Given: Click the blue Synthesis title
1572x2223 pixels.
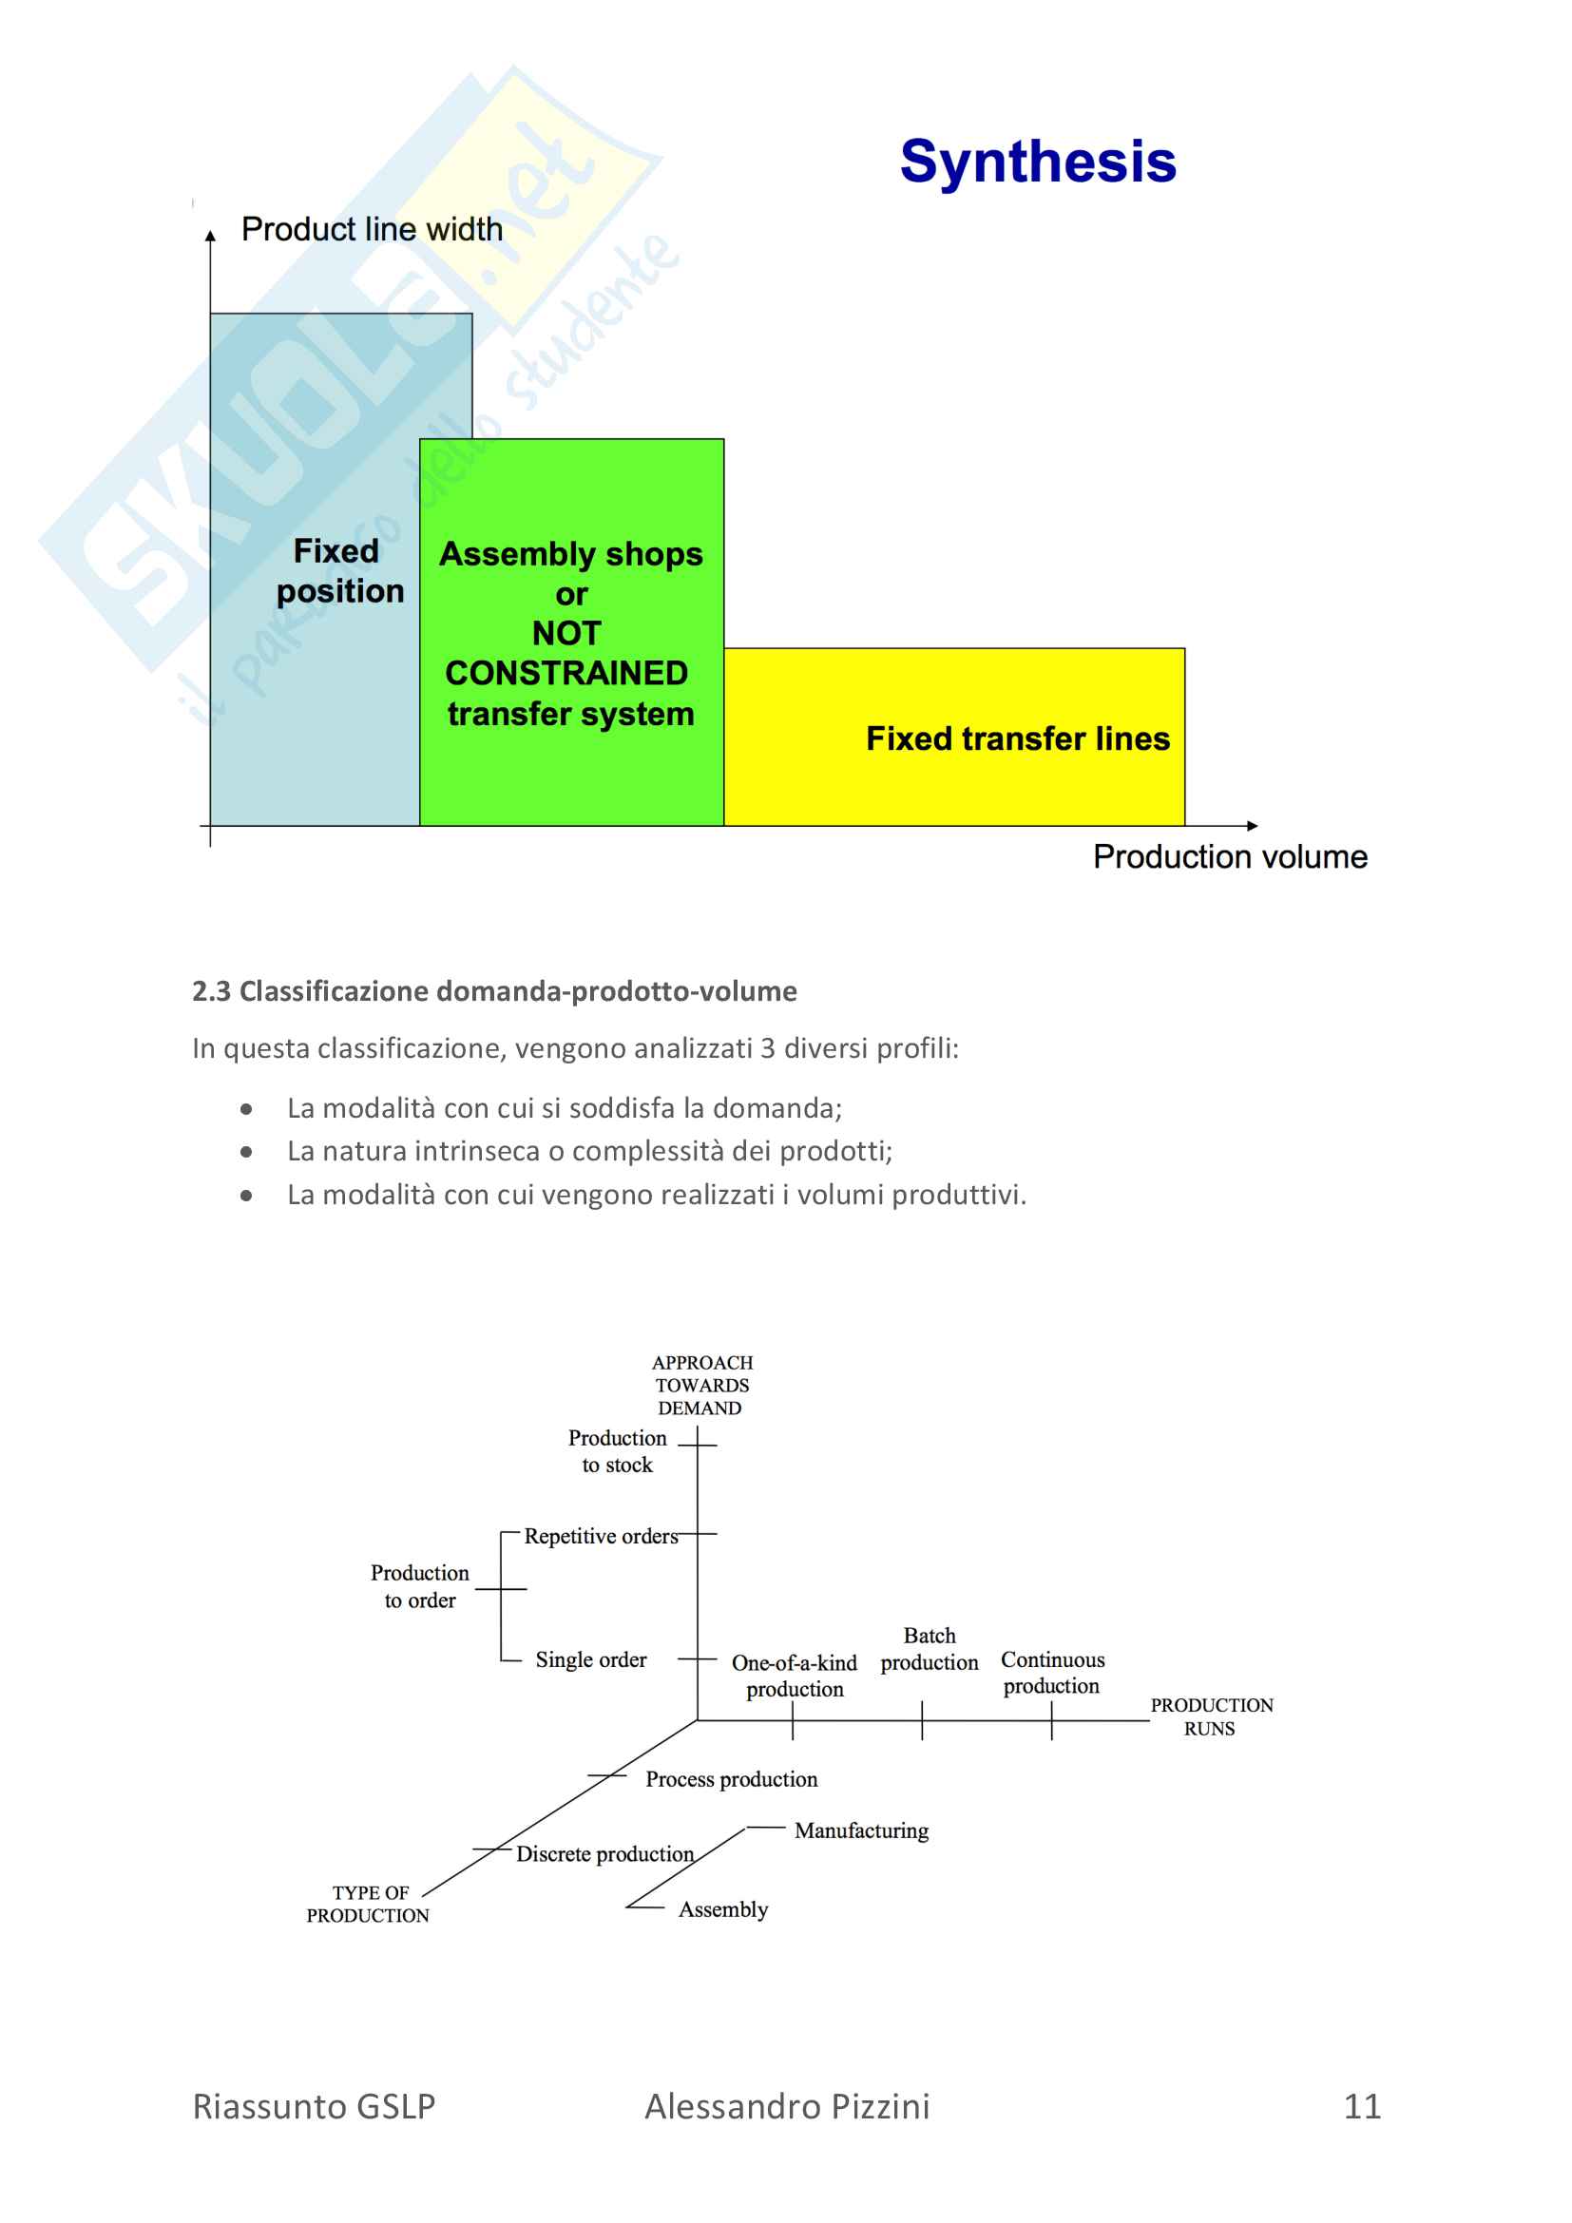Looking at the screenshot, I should point(1038,161).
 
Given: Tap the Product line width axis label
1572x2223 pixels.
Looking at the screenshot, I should point(372,229).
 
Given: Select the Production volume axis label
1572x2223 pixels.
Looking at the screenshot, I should point(1229,857).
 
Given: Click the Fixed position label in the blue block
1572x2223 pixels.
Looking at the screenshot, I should point(338,571).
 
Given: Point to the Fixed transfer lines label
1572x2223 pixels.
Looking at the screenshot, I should point(1017,738).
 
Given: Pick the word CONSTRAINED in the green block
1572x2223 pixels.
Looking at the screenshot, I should point(566,673).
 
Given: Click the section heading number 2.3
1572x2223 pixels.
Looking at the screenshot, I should point(211,991).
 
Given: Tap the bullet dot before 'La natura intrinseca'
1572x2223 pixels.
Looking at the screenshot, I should point(247,1152).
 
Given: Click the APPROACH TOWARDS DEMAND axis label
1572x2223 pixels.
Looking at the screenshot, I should point(701,1386).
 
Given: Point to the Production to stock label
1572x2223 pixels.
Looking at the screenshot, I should point(618,1451).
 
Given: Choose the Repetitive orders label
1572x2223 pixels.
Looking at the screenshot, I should point(601,1537).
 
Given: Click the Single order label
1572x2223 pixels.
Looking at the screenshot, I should point(590,1659).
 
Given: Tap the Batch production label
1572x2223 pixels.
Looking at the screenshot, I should point(930,1649).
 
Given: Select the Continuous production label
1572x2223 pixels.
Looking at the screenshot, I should point(1052,1673).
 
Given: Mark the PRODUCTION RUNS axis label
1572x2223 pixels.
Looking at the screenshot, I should point(1211,1716).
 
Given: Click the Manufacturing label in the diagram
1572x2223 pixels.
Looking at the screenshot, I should point(861,1830).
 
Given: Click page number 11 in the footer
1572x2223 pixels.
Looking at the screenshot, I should point(1362,2107).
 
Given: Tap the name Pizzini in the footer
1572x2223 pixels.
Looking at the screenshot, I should point(876,2107).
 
